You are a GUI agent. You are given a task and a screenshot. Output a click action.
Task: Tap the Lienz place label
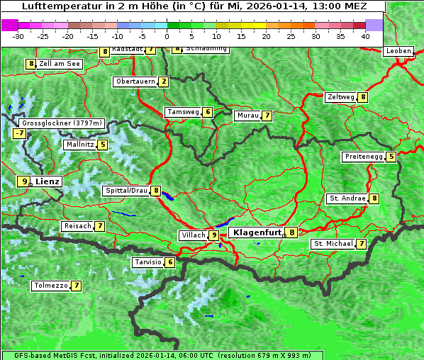click(48, 181)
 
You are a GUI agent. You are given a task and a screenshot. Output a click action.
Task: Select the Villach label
click(193, 235)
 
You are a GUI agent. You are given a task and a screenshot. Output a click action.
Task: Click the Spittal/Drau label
click(126, 191)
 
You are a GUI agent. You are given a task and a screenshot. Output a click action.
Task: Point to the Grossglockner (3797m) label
click(62, 123)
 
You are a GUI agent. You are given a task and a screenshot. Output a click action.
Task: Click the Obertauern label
click(135, 81)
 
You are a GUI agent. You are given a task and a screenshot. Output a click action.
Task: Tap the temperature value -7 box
click(19, 133)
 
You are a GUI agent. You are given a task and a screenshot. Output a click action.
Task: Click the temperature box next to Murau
click(267, 116)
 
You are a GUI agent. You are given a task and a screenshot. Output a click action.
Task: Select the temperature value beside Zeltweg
click(363, 97)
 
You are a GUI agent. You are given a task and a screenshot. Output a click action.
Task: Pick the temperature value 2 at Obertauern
click(164, 81)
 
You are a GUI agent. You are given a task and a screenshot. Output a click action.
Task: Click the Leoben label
click(398, 51)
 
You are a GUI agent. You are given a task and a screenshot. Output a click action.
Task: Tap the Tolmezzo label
click(50, 286)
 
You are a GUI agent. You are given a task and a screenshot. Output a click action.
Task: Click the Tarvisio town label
click(148, 262)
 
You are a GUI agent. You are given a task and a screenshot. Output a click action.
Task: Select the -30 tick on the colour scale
click(18, 35)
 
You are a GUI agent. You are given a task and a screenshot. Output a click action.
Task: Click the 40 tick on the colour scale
click(365, 35)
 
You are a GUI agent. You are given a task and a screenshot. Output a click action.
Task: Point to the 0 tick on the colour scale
click(167, 35)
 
